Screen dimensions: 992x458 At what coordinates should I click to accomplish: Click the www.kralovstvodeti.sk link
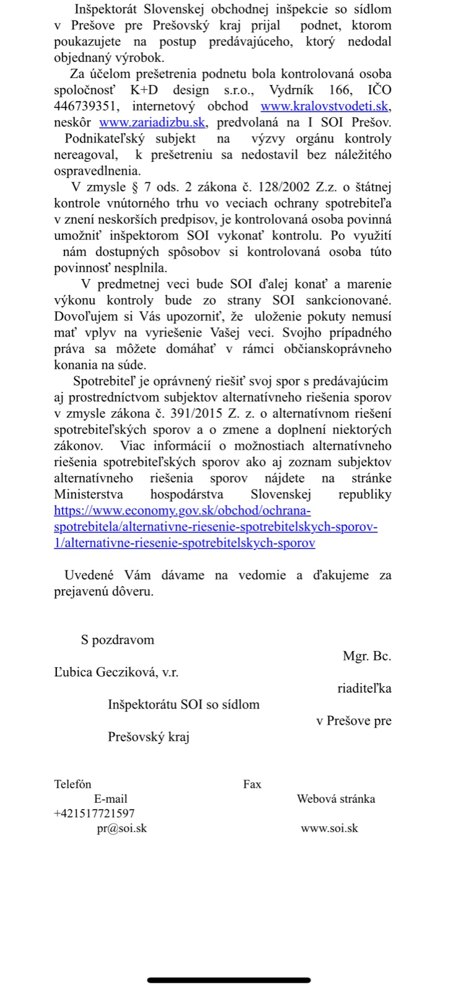pos(325,107)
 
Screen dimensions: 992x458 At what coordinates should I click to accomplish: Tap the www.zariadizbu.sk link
pos(152,123)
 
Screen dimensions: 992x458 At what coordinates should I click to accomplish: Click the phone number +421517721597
pos(94,813)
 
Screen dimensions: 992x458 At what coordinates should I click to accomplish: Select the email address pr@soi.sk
pos(121,828)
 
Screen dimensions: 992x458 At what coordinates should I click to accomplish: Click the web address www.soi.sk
pos(329,828)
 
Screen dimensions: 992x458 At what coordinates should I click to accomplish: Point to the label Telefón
pos(73,784)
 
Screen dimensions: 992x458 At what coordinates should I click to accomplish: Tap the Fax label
pos(252,784)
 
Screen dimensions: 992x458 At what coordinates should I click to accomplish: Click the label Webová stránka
pos(336,799)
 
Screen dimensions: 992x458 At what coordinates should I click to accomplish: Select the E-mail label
pos(110,799)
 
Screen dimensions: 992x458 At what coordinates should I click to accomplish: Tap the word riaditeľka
pos(364,688)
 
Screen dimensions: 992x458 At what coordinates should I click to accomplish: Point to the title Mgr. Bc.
pos(367,656)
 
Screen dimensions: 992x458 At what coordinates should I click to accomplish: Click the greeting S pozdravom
pos(117,640)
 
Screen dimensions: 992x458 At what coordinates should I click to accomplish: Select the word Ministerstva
pos(89,494)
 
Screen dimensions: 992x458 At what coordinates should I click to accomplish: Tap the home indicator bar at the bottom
pos(229,980)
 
